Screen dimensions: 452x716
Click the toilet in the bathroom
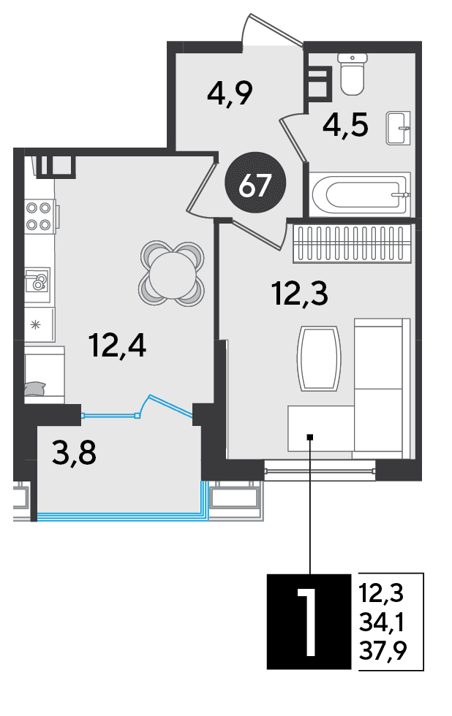(x=352, y=74)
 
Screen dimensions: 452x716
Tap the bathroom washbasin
(x=398, y=128)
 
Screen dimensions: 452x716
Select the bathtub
(x=360, y=194)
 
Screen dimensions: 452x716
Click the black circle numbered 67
(x=255, y=183)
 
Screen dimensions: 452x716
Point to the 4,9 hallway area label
(x=230, y=94)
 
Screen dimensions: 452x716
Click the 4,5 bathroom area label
(x=345, y=125)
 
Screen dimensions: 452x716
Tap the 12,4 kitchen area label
(x=118, y=346)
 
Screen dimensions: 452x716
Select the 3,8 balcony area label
(x=74, y=453)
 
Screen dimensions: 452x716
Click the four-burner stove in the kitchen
(x=41, y=216)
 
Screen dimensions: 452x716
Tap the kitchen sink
(x=37, y=280)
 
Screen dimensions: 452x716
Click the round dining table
(x=171, y=274)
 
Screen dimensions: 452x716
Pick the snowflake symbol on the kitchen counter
(x=35, y=326)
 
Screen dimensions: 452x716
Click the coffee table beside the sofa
(x=320, y=358)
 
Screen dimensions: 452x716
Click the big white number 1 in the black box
(x=307, y=622)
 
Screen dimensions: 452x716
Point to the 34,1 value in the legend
(x=382, y=622)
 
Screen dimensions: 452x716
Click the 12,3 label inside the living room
(x=300, y=293)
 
